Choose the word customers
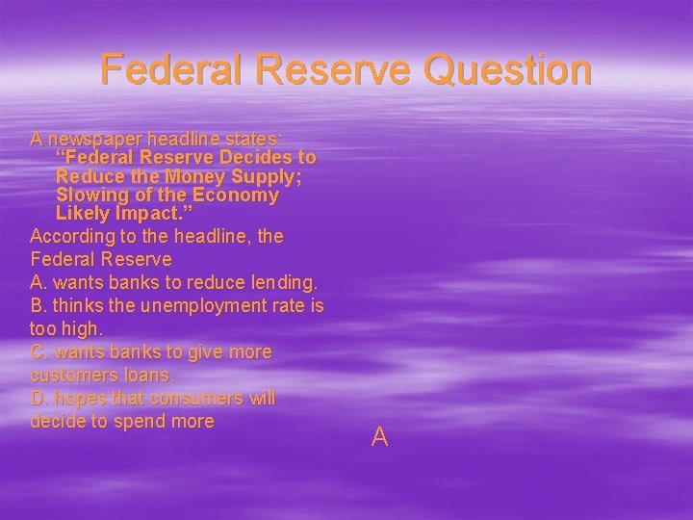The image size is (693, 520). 70,375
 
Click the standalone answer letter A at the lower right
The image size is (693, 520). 379,438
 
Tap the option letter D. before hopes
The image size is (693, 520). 40,399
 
